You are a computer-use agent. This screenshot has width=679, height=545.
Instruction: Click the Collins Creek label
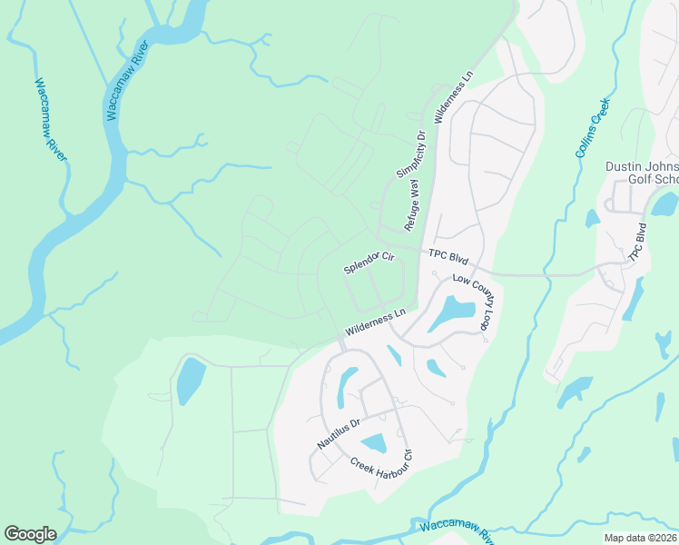click(x=594, y=128)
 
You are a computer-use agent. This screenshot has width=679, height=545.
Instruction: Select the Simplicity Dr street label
click(x=411, y=154)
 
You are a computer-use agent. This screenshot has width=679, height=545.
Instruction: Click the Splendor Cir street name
click(x=369, y=263)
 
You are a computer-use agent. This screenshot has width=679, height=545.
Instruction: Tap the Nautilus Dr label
click(x=339, y=433)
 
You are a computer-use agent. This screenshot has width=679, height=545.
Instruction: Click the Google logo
click(x=30, y=534)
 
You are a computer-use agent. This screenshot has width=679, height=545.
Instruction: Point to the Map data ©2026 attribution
click(x=640, y=538)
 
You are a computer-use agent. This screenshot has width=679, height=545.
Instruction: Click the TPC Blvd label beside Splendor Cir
click(x=448, y=257)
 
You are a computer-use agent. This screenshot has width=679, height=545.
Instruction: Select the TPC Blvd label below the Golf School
click(x=637, y=242)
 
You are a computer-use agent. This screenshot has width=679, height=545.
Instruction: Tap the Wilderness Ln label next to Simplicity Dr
click(x=454, y=103)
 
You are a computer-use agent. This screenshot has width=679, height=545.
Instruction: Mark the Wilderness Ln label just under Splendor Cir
click(x=374, y=322)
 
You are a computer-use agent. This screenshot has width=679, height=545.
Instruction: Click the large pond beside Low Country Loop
click(x=451, y=313)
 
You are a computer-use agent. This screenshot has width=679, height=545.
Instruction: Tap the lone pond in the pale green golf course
click(x=192, y=381)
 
